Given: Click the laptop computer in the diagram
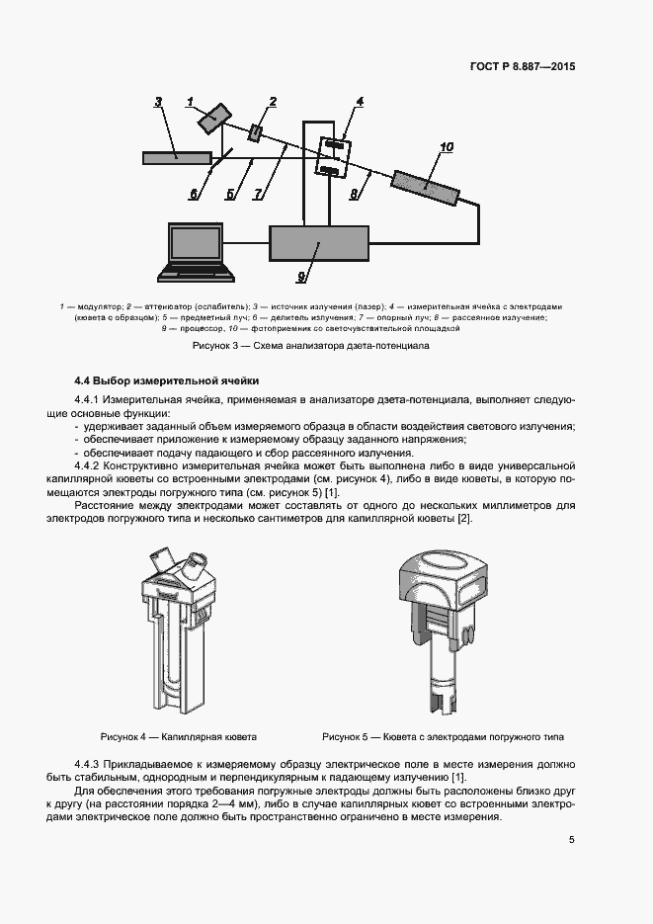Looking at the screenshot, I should point(200,249).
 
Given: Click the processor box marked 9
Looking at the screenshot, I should point(318,242).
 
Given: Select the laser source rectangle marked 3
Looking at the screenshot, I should point(177,157).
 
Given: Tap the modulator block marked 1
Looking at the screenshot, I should point(210,120).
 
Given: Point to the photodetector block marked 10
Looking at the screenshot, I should point(425,184).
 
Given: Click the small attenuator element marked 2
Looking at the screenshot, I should point(257,131).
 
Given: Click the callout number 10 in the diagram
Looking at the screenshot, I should point(446,147).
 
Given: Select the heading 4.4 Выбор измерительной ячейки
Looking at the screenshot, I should point(167,379).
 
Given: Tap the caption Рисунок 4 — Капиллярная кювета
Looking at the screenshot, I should point(178,737).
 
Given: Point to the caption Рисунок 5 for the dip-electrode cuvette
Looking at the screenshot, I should point(444,737).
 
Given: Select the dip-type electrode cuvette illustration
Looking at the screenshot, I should point(442,623).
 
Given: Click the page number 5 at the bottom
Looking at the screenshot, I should point(571,840).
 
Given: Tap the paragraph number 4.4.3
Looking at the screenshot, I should point(92,765).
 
